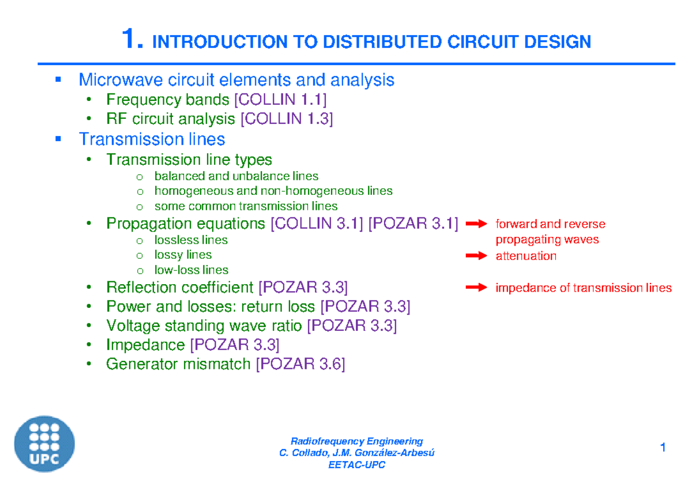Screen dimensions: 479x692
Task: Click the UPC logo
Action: [45, 444]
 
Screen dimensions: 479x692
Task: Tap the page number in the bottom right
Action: [663, 448]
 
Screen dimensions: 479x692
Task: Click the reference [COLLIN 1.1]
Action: [280, 100]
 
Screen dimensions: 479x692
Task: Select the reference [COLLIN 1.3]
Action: [287, 119]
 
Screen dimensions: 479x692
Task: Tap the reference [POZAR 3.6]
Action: [300, 364]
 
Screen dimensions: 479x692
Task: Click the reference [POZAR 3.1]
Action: [413, 224]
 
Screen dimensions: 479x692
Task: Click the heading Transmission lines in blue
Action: [152, 139]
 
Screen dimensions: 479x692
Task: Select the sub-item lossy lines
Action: [183, 255]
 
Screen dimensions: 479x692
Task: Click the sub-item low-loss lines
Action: [191, 270]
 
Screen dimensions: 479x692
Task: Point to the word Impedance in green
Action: [145, 345]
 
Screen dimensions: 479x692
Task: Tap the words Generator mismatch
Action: [178, 364]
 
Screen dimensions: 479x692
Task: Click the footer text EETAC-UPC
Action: [356, 465]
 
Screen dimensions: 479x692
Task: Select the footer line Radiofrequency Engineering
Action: [356, 442]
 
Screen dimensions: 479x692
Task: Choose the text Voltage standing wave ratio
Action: [204, 326]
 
